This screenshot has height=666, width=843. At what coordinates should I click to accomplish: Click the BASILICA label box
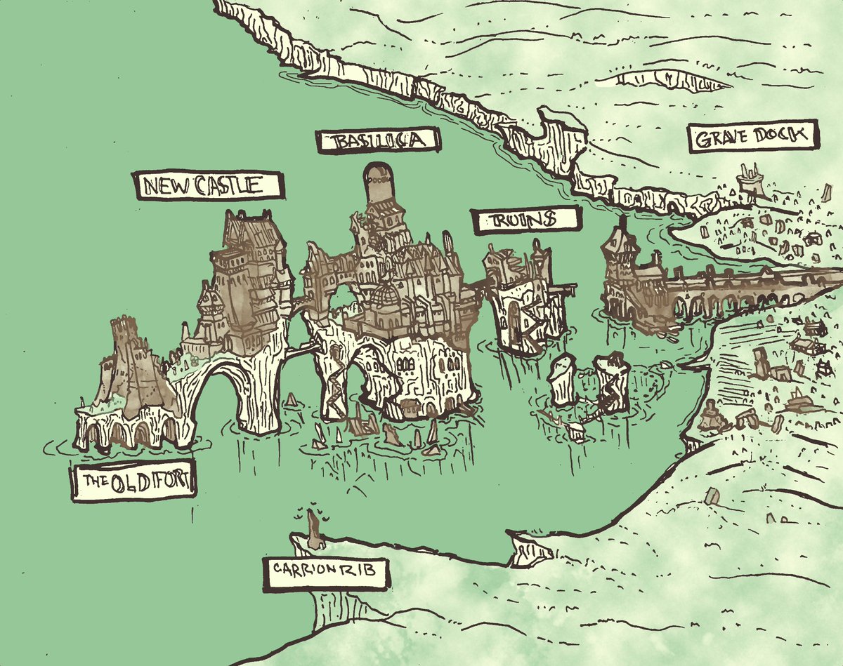(x=378, y=141)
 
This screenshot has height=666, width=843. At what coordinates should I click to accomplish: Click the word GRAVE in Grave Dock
(x=725, y=138)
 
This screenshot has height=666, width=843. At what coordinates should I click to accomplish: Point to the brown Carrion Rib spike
(x=314, y=531)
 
